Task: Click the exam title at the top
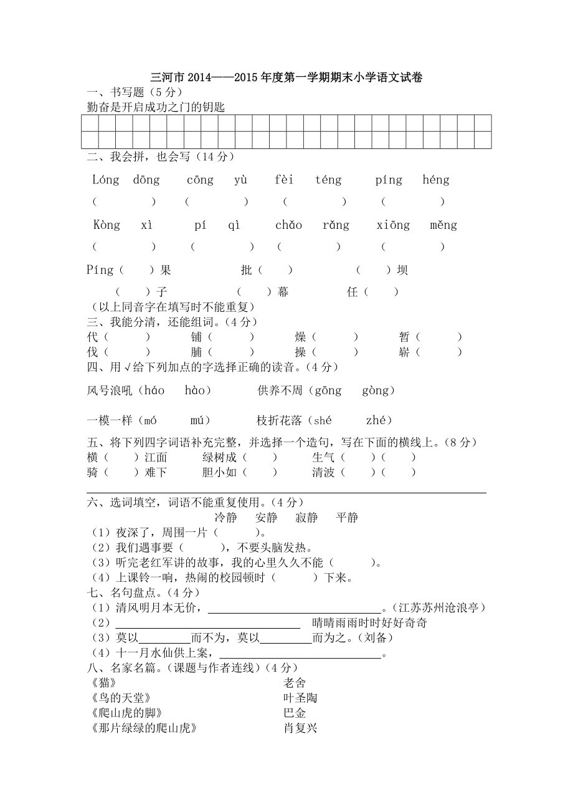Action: pyautogui.click(x=286, y=78)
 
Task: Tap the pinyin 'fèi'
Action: pyautogui.click(x=284, y=180)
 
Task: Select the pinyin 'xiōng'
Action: pyautogui.click(x=393, y=225)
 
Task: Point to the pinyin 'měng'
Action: pyautogui.click(x=443, y=225)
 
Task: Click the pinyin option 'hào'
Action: pyautogui.click(x=198, y=390)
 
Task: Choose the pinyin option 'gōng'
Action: pyautogui.click(x=328, y=390)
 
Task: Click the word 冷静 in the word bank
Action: pyautogui.click(x=225, y=518)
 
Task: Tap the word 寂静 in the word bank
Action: pyautogui.click(x=306, y=518)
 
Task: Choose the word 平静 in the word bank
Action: pyautogui.click(x=347, y=518)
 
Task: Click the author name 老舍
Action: pyautogui.click(x=295, y=683)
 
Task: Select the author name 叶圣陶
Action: pyautogui.click(x=300, y=698)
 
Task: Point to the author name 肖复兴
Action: pyautogui.click(x=300, y=728)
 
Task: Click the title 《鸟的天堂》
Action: pyautogui.click(x=121, y=698)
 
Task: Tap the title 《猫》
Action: pyautogui.click(x=103, y=683)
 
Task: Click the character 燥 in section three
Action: pyautogui.click(x=301, y=337)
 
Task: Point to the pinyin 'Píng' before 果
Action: pyautogui.click(x=100, y=270)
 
